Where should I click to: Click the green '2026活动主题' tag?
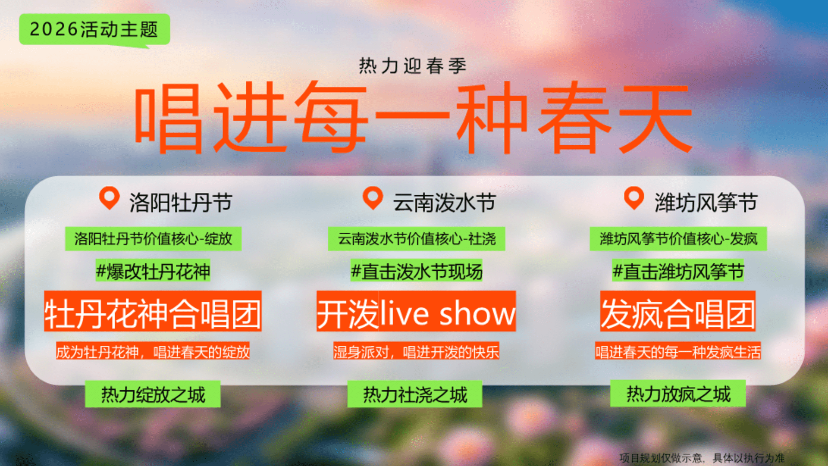tap(94, 29)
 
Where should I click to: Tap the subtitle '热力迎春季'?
tap(413, 66)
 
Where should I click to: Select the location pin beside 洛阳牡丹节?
tap(110, 198)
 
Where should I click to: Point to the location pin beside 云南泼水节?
tap(373, 198)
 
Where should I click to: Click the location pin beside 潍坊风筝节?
tap(634, 198)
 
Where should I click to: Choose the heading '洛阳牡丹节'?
tap(181, 203)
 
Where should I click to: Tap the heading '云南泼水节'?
tap(444, 203)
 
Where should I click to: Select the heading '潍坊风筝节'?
tap(706, 203)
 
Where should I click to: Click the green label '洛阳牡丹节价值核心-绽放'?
tap(153, 239)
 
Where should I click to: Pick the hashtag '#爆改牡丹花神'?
tap(153, 271)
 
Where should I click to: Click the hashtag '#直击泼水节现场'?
tap(416, 271)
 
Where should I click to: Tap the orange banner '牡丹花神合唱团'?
tap(153, 311)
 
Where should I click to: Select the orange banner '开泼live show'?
tap(416, 311)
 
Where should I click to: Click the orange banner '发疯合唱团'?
tap(677, 311)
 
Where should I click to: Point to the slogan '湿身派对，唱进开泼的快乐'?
tap(416, 351)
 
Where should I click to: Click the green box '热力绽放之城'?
tap(153, 394)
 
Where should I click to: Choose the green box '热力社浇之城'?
tap(415, 394)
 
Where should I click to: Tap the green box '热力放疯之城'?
tap(678, 394)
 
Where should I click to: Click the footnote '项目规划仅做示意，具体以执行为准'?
tap(702, 458)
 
